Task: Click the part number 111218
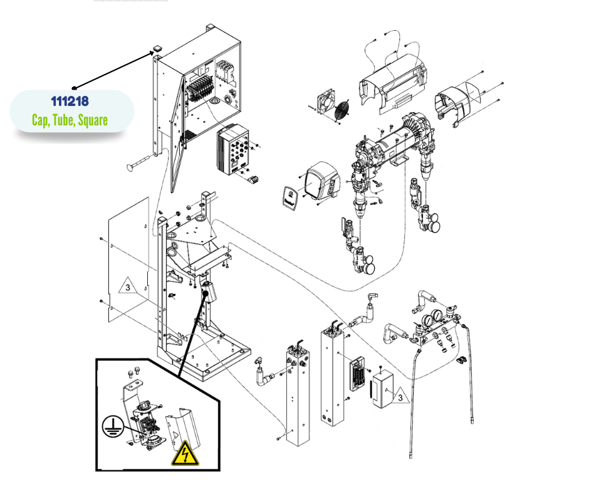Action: pyautogui.click(x=70, y=101)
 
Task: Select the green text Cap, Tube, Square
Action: pyautogui.click(x=70, y=120)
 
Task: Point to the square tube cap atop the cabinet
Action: pyautogui.click(x=156, y=48)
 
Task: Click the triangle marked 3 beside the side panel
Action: pyautogui.click(x=127, y=288)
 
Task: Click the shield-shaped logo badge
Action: pyautogui.click(x=289, y=195)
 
